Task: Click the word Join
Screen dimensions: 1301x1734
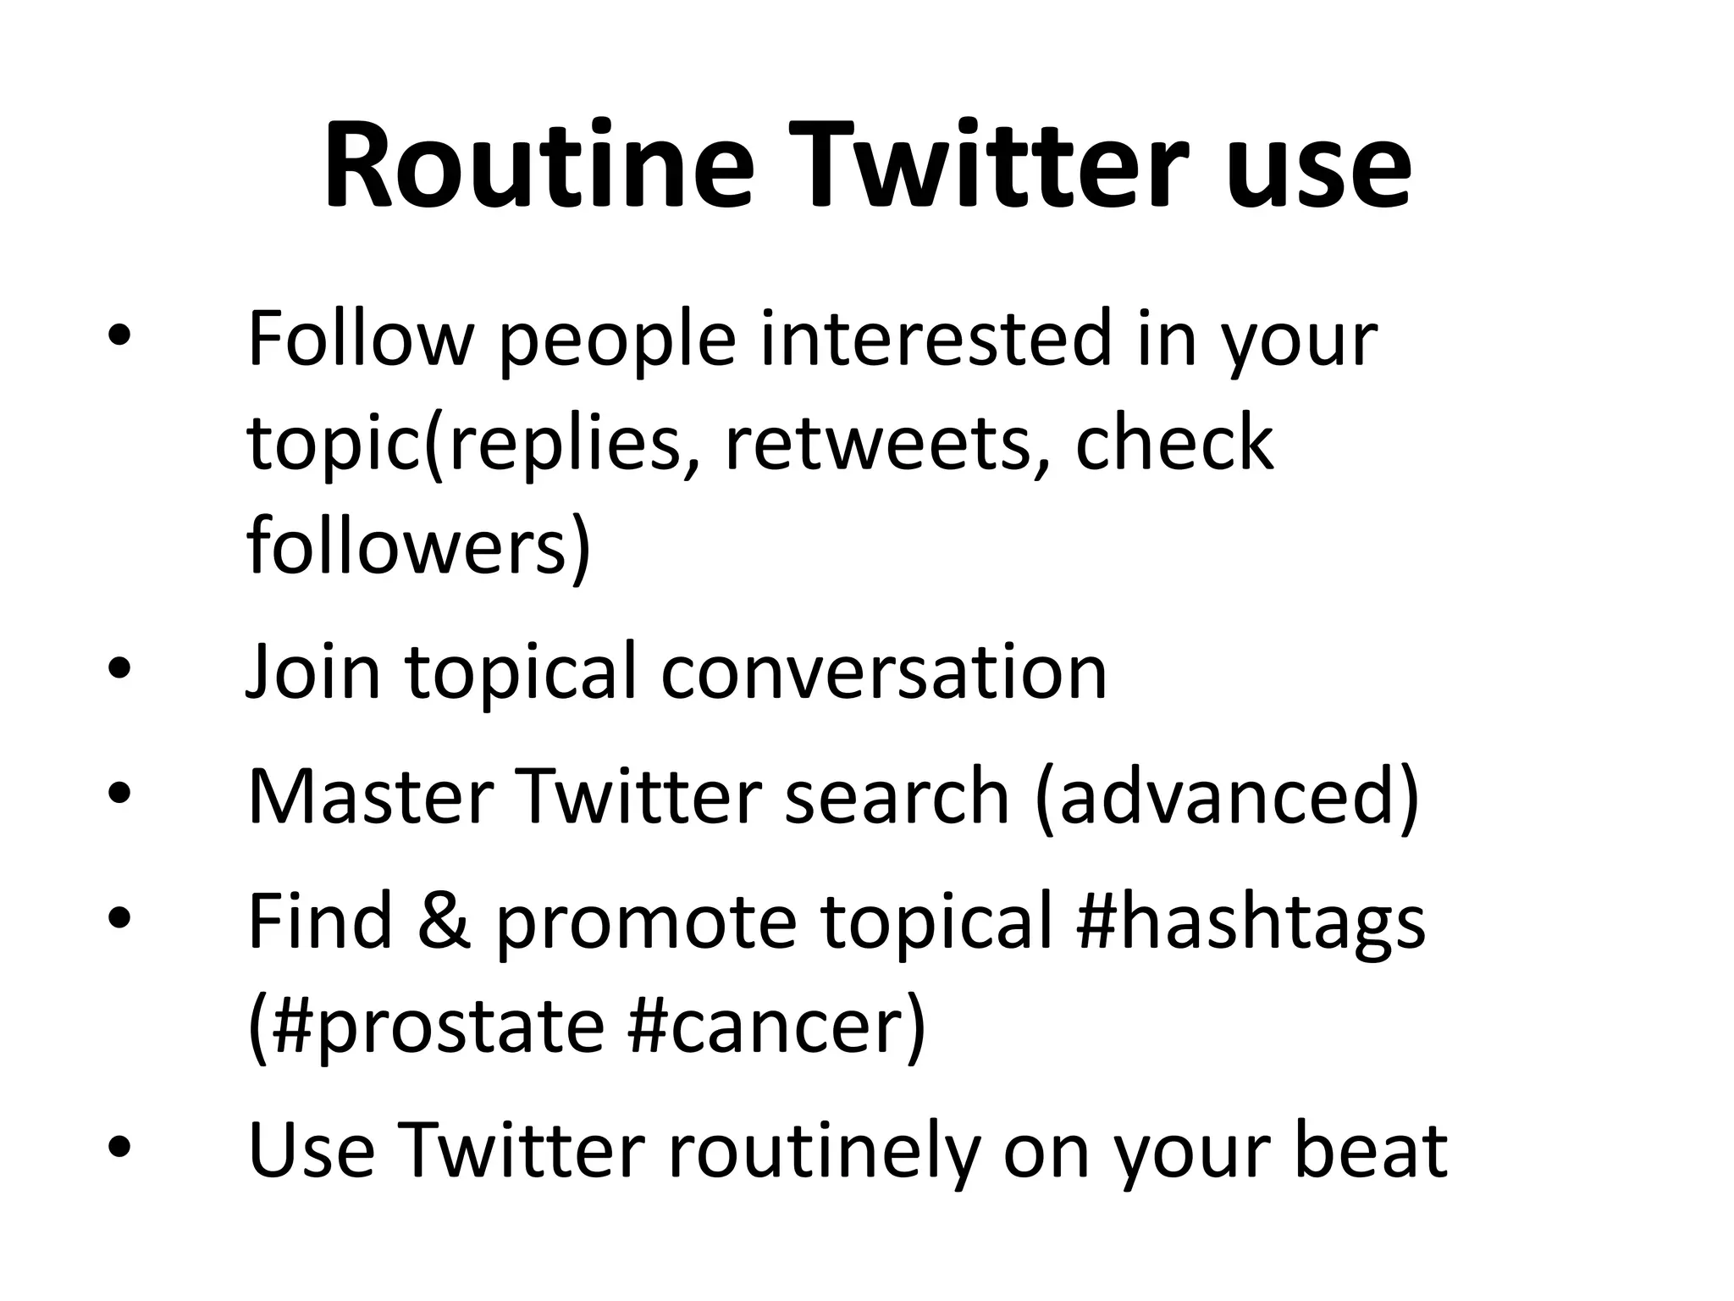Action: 313,673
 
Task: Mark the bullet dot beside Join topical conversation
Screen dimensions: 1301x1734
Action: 119,670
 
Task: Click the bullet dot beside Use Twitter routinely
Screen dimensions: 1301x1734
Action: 119,1147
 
